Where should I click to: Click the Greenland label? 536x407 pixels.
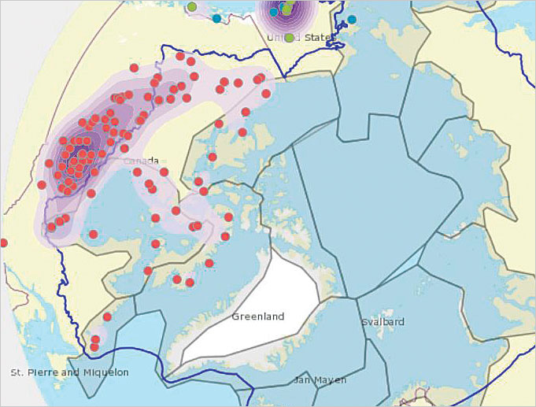tap(257, 316)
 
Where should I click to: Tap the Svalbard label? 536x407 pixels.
tap(383, 322)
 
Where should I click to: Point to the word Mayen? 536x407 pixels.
tap(331, 380)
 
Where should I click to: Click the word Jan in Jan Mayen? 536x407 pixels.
tap(303, 380)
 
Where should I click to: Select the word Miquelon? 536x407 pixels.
tap(104, 372)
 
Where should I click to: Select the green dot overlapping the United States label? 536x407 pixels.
tap(290, 38)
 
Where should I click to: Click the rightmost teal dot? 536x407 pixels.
tap(352, 19)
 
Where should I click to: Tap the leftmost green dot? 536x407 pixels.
tap(192, 7)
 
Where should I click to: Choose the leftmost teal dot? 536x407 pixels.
tap(216, 18)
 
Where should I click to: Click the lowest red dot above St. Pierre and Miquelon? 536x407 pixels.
tap(94, 346)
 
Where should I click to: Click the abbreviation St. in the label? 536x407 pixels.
tap(17, 372)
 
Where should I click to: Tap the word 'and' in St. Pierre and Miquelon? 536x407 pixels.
tap(69, 372)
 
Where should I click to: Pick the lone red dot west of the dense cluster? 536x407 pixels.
tap(42, 185)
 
